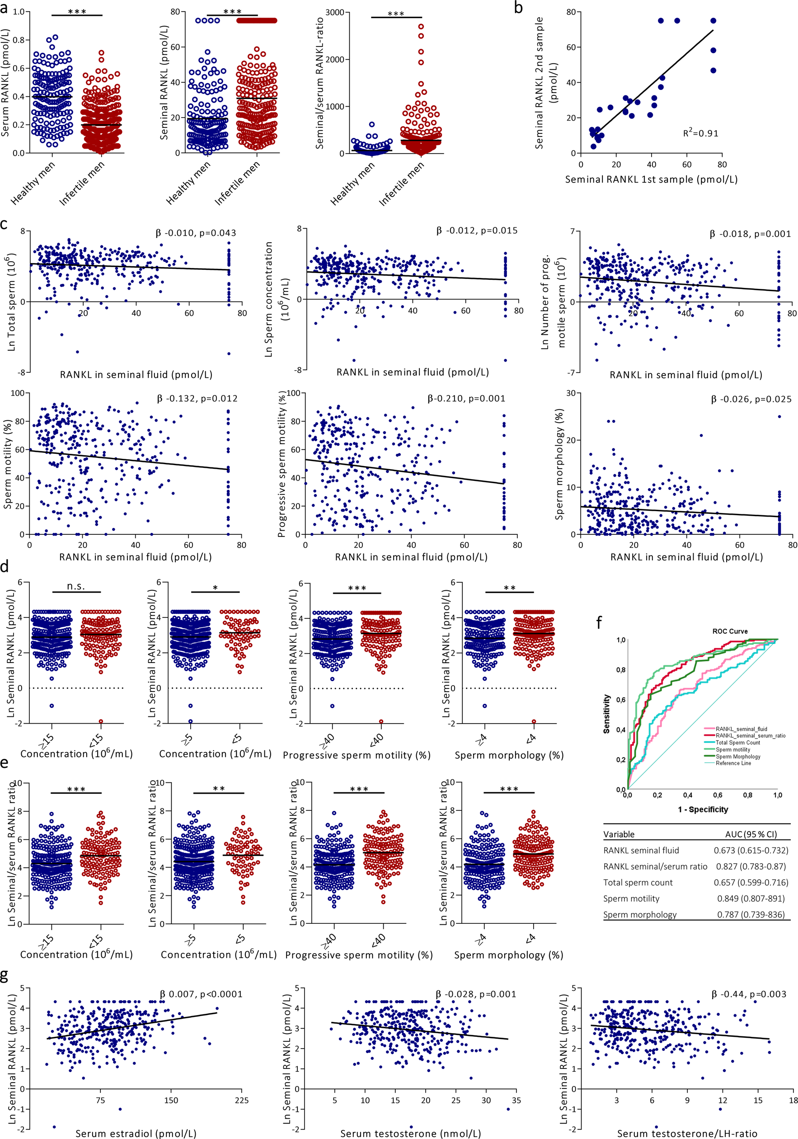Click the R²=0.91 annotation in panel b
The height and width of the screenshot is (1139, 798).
(x=700, y=133)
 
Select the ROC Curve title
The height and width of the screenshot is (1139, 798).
(x=730, y=631)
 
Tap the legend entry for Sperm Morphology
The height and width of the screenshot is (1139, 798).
(x=737, y=757)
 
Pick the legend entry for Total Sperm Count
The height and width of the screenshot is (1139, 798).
(x=737, y=743)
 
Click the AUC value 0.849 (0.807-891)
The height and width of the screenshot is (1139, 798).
(x=751, y=899)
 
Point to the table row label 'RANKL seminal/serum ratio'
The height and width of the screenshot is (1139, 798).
(x=655, y=866)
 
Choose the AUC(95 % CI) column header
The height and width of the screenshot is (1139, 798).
(x=751, y=834)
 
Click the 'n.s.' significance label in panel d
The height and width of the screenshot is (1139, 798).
(x=76, y=586)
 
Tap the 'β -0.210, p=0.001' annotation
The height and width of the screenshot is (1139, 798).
(x=466, y=398)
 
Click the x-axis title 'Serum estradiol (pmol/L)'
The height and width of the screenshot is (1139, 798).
(x=136, y=1133)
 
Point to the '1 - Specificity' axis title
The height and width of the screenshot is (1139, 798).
(x=703, y=809)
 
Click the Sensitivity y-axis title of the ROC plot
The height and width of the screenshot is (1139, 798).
(x=606, y=714)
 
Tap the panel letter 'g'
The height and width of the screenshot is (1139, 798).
(x=5, y=976)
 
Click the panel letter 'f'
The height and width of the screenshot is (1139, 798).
(x=599, y=622)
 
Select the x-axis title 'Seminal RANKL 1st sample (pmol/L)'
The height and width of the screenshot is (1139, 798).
(x=651, y=179)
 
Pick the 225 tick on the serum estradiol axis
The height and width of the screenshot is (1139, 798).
(x=242, y=1100)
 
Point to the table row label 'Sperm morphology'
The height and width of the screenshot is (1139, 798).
(x=639, y=914)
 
